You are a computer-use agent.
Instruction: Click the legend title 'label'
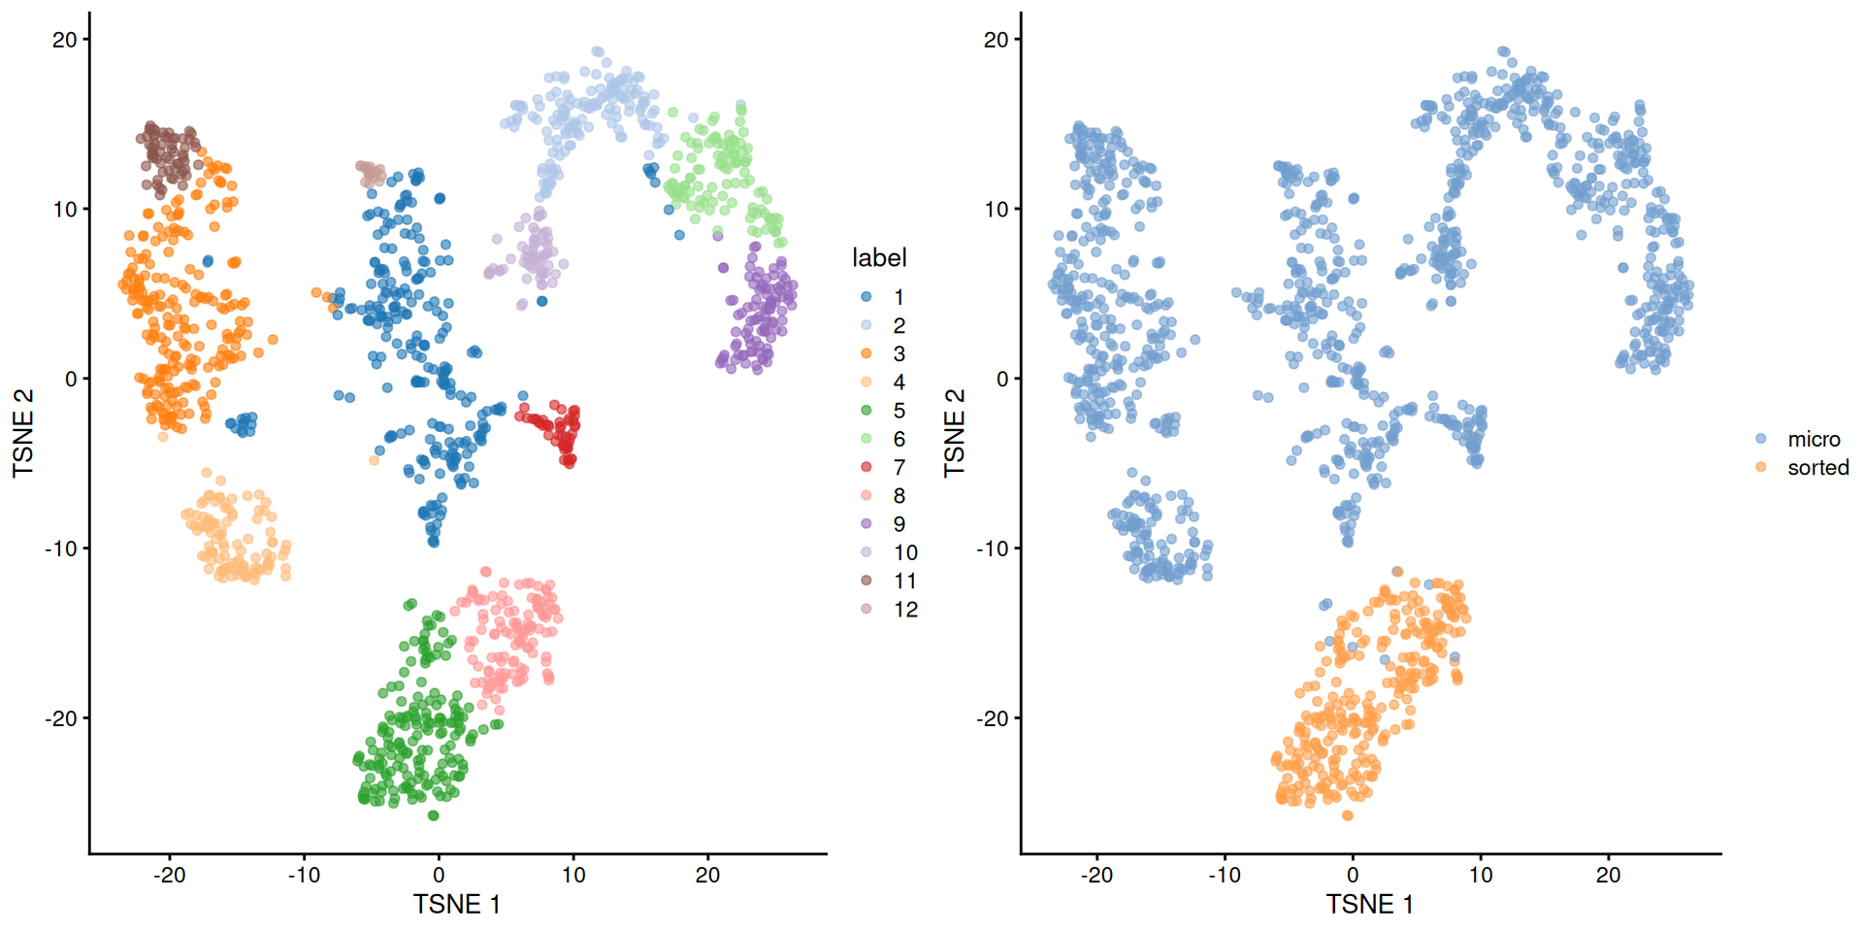[879, 257]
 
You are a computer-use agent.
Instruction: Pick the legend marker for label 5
[866, 411]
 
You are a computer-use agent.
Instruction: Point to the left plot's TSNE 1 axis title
[456, 904]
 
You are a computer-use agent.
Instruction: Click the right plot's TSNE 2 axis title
[955, 432]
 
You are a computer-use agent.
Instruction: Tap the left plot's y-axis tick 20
[65, 40]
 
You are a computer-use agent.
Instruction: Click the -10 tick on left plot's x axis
[304, 875]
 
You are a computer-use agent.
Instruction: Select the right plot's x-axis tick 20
[1608, 875]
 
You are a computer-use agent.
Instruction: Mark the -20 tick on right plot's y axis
[995, 718]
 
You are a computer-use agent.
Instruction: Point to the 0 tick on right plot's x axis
[1353, 875]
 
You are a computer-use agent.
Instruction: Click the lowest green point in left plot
[434, 815]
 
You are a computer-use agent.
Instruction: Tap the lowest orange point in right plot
[1348, 815]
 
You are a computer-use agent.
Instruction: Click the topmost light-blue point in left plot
[597, 51]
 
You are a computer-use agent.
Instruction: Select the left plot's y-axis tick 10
[65, 210]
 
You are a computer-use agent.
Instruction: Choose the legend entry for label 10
[904, 552]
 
